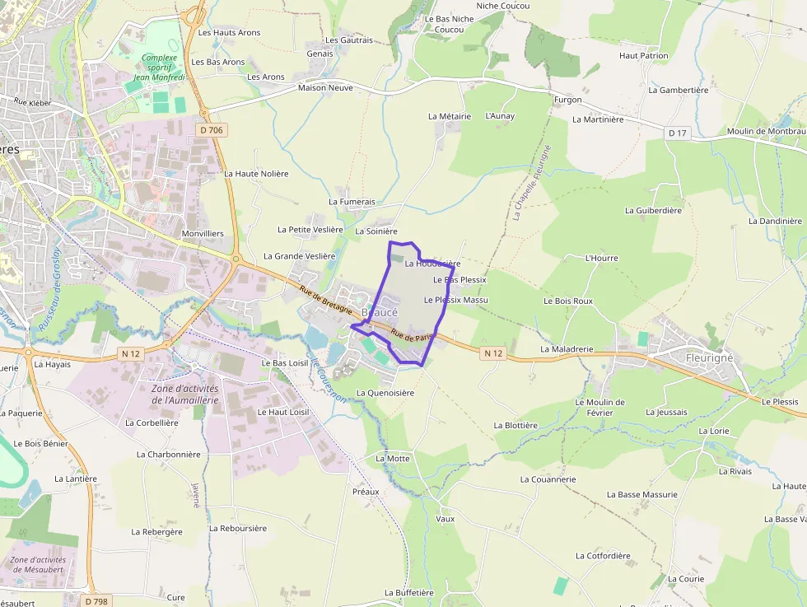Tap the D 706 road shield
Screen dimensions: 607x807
(211, 130)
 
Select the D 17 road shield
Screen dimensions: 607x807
(677, 133)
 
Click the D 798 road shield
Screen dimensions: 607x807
(96, 601)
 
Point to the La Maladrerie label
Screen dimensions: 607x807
(567, 349)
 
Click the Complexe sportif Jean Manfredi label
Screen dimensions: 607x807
(160, 68)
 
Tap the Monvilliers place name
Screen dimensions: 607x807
(202, 234)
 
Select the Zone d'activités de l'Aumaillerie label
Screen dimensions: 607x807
(184, 394)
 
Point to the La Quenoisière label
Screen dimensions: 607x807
(385, 393)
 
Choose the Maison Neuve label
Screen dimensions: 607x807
(325, 87)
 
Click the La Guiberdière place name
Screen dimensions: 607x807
(653, 210)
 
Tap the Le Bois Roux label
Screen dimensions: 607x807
(567, 301)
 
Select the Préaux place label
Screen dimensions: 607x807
(366, 492)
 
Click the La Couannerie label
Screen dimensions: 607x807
(548, 479)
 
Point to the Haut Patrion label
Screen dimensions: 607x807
(643, 56)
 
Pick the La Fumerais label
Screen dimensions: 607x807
(352, 202)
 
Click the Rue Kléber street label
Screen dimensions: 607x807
(32, 103)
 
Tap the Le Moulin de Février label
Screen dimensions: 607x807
(599, 407)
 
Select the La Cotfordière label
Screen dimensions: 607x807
(603, 556)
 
